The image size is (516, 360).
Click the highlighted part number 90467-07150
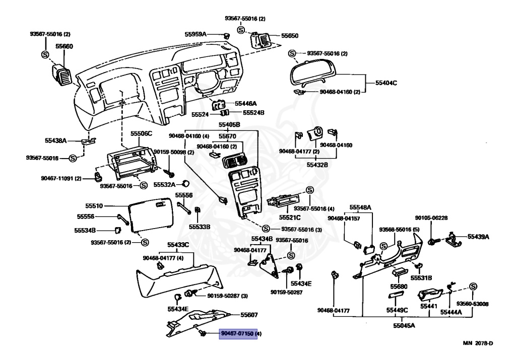click(238, 334)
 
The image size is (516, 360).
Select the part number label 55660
click(64, 46)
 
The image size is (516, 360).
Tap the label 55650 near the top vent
click(290, 36)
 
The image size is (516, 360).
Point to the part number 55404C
click(386, 82)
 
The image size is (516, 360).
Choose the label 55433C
click(178, 245)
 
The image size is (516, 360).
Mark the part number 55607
click(249, 315)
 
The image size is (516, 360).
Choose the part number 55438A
click(56, 141)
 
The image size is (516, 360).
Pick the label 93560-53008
click(473, 304)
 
